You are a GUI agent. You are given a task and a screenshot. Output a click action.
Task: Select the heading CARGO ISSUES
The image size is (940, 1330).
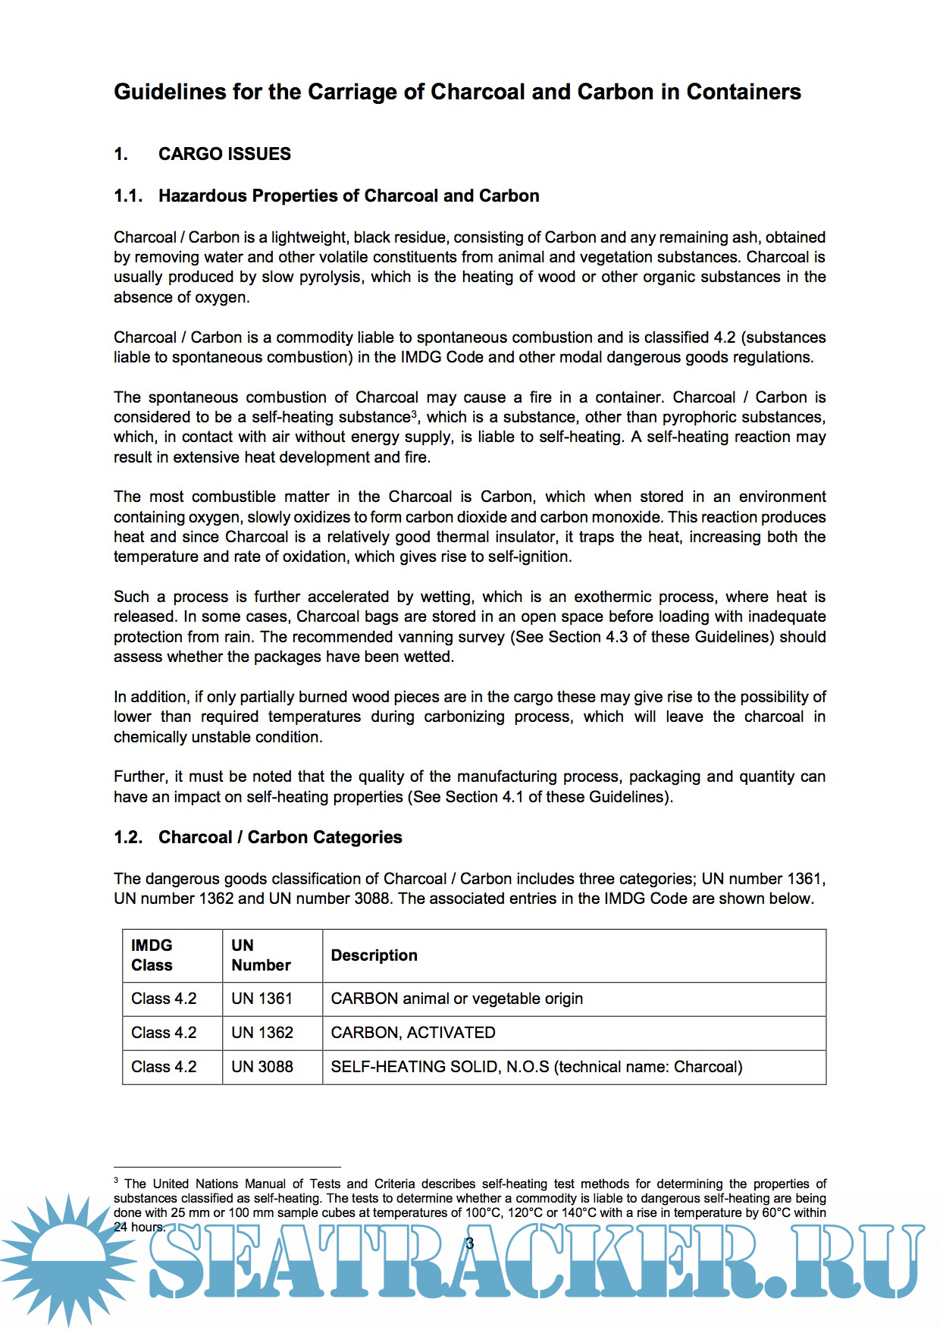coord(224,154)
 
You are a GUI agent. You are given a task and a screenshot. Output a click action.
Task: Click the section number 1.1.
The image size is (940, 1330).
coord(128,196)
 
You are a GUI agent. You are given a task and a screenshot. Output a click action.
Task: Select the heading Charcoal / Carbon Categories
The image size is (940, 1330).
coord(280,837)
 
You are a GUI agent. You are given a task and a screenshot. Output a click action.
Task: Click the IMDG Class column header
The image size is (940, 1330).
coord(152,955)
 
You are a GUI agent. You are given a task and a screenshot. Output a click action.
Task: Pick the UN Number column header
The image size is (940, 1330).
coord(261,955)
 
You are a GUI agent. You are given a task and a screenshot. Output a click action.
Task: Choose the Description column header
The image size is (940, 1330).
coord(374,955)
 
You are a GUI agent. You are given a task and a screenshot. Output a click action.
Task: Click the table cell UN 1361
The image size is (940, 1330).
coord(262,999)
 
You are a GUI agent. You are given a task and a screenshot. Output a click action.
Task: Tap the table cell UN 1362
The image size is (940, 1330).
coord(262,1033)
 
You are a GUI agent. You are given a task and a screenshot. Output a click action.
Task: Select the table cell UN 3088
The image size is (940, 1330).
coord(262,1067)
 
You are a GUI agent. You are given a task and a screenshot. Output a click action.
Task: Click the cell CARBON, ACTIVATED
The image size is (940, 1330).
coord(413,1033)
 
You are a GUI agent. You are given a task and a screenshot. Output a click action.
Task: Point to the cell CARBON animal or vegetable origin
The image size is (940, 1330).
coord(457,999)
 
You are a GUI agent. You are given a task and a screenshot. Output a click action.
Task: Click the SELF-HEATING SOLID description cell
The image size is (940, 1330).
coord(537,1067)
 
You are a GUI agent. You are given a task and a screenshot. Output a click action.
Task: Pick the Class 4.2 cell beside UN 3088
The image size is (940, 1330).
coord(164,1067)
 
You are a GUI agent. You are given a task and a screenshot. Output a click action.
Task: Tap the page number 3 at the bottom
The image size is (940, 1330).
coord(470,1244)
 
